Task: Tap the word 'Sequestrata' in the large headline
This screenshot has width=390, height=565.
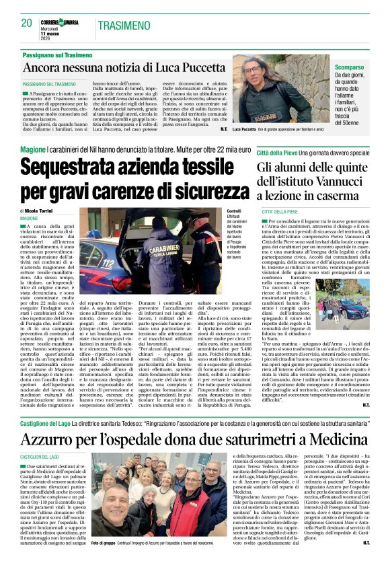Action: point(85,167)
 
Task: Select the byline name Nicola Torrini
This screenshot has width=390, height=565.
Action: point(41,211)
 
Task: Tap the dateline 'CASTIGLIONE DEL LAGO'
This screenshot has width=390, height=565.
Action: point(42,457)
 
